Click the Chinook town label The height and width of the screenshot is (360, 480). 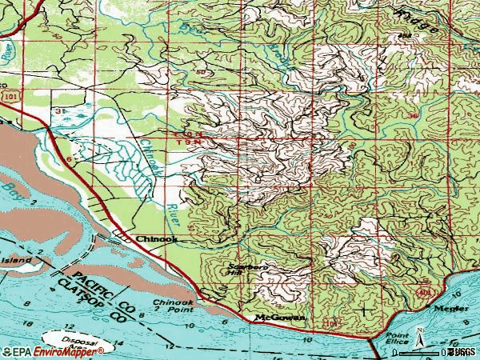click(x=156, y=238)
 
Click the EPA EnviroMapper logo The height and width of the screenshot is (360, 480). click(x=52, y=351)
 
